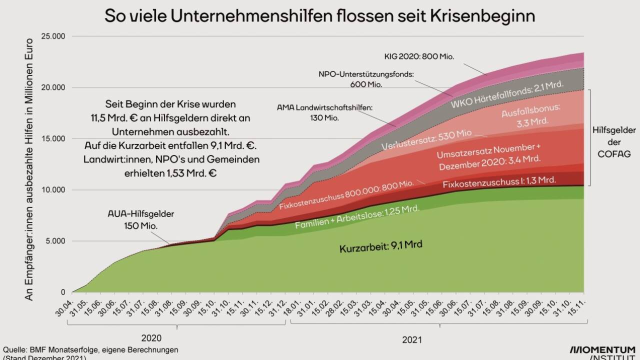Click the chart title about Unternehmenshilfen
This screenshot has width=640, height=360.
click(x=319, y=16)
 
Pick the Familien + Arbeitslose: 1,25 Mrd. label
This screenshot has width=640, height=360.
click(x=356, y=217)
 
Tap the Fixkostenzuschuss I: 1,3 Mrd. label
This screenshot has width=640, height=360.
click(x=499, y=182)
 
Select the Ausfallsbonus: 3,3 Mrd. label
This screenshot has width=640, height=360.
click(x=531, y=114)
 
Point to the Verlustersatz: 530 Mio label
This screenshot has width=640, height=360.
click(x=426, y=140)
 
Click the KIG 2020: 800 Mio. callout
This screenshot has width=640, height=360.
click(x=419, y=56)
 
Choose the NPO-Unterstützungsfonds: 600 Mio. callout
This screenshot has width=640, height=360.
click(x=366, y=79)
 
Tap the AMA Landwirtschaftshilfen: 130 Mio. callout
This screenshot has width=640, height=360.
click(x=325, y=112)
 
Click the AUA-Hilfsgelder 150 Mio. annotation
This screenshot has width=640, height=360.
click(x=141, y=220)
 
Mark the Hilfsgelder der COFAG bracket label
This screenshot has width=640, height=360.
click(x=614, y=142)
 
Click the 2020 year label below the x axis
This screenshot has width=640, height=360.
click(x=151, y=337)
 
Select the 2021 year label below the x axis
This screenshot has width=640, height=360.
click(x=411, y=340)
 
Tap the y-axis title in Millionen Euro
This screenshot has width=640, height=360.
click(x=29, y=168)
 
